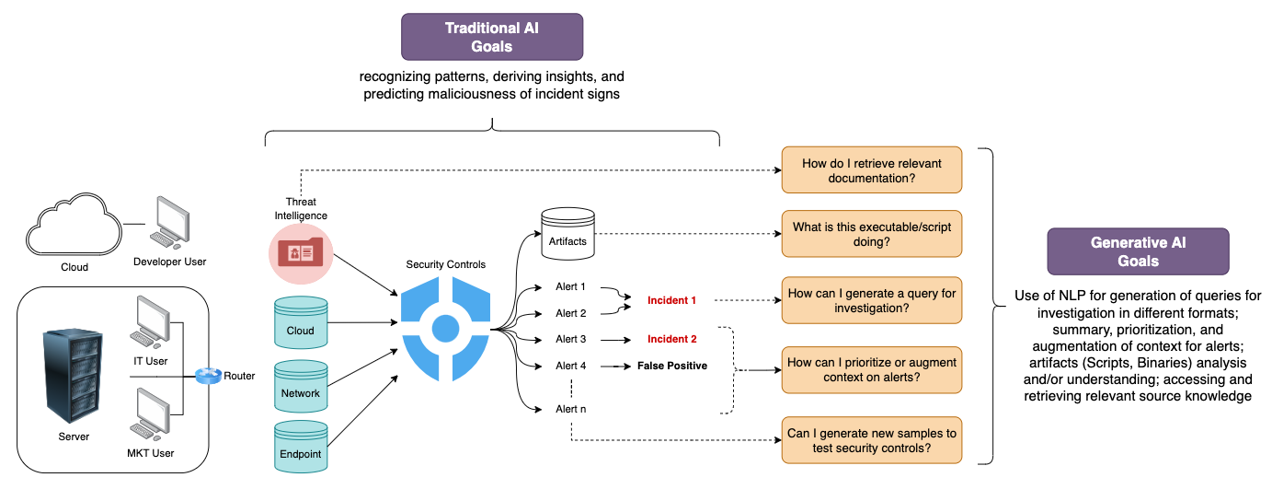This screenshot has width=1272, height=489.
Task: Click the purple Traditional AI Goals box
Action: click(x=492, y=38)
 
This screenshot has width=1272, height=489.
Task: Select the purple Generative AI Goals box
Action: click(x=1138, y=251)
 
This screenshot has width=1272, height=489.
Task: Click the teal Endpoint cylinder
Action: click(x=301, y=447)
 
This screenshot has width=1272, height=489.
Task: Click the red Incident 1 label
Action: click(x=672, y=300)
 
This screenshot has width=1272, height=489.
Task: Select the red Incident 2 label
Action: click(x=672, y=339)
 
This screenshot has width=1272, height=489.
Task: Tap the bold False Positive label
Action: click(x=672, y=366)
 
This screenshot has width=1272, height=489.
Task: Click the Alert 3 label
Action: click(x=571, y=339)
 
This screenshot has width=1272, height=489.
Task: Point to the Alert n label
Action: click(x=571, y=409)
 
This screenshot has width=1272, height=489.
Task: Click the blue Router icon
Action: click(x=208, y=375)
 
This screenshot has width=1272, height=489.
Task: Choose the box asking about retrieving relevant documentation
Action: click(x=872, y=170)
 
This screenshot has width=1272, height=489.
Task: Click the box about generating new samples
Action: click(x=872, y=440)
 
